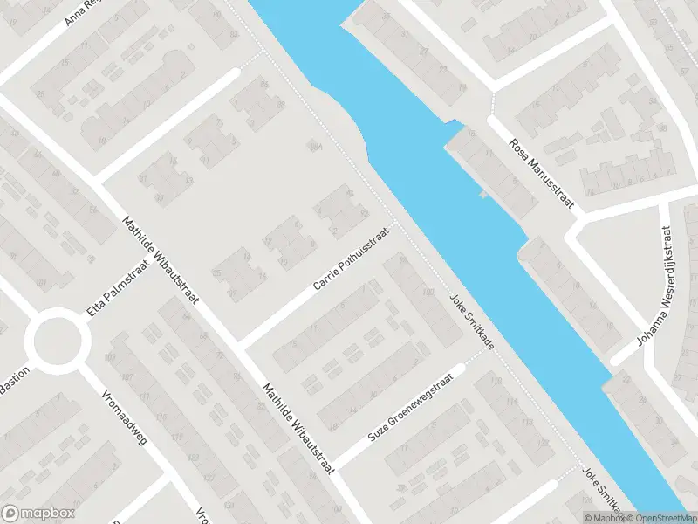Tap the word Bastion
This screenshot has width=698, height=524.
click(x=16, y=382)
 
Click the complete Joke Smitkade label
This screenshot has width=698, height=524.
click(x=471, y=321)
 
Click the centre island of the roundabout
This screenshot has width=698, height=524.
click(x=57, y=340)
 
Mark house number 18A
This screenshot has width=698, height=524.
click(x=316, y=147)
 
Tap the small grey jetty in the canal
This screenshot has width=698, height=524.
click(x=482, y=194)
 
